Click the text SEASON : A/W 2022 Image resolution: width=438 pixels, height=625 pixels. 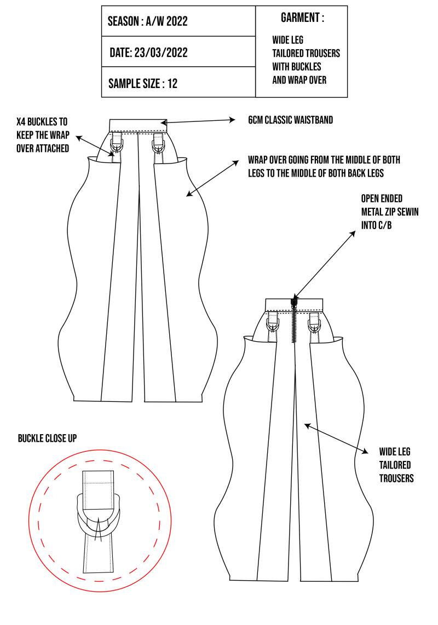[148, 22]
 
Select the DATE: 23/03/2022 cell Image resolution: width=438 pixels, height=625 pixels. [149, 53]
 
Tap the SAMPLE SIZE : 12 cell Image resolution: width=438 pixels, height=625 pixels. [143, 84]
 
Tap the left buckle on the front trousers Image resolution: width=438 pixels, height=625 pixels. [117, 144]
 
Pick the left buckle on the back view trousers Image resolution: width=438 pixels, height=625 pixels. [272, 323]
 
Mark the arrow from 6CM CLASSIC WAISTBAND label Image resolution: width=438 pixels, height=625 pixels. [198, 121]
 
